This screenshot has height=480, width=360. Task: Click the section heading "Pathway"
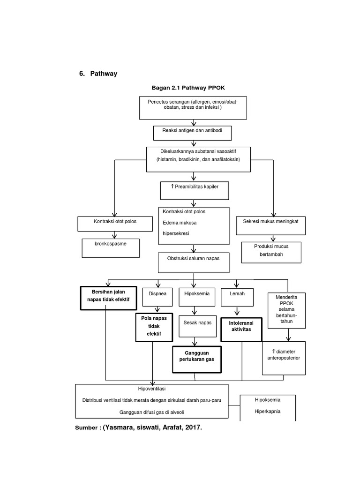coord(104,74)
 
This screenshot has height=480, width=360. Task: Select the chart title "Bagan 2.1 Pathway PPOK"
coord(191,88)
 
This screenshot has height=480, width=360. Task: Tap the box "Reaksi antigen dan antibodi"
coord(193,133)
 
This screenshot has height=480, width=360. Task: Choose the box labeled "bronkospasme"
coord(111,248)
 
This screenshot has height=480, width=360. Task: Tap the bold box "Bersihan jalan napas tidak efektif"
coord(108,298)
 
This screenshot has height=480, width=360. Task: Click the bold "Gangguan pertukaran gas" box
coord(196,359)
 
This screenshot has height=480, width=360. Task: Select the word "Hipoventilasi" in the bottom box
coord(152,389)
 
